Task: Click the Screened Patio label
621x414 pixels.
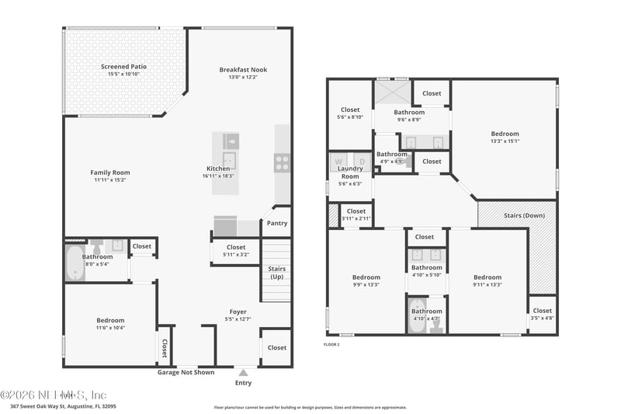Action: [123, 67]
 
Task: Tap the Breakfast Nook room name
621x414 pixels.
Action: [243, 69]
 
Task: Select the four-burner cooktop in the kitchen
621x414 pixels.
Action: [282, 162]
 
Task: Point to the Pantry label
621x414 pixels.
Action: [276, 223]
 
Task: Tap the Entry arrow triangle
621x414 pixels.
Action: [243, 374]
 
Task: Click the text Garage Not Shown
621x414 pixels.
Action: [186, 372]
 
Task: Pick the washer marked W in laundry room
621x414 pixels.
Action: [338, 162]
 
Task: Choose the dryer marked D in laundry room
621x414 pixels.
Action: [361, 162]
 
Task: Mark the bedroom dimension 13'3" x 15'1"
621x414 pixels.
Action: [504, 141]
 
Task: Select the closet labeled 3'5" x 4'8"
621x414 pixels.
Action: [543, 314]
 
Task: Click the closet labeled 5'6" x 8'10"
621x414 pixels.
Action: [349, 113]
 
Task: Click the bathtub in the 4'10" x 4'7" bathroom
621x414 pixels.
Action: [417, 317]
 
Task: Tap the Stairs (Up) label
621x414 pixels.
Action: [276, 273]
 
